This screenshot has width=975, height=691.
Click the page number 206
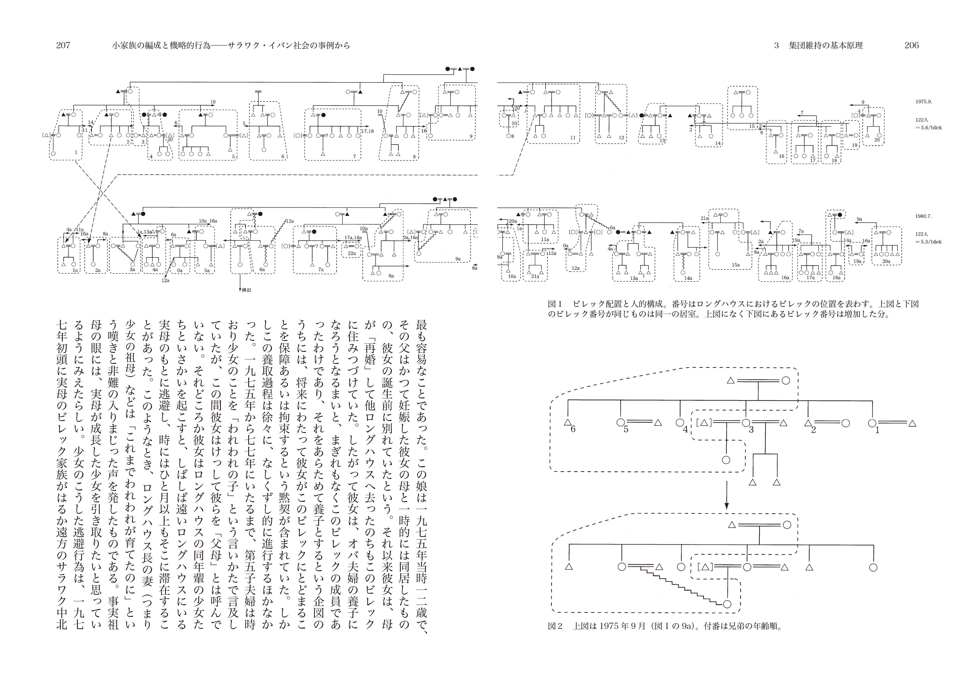coord(911,45)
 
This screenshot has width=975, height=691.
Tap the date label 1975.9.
coord(923,102)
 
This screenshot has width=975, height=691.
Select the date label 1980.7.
coord(923,216)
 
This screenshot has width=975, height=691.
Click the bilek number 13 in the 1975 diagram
coord(662,140)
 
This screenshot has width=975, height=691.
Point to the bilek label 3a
coord(132,269)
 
